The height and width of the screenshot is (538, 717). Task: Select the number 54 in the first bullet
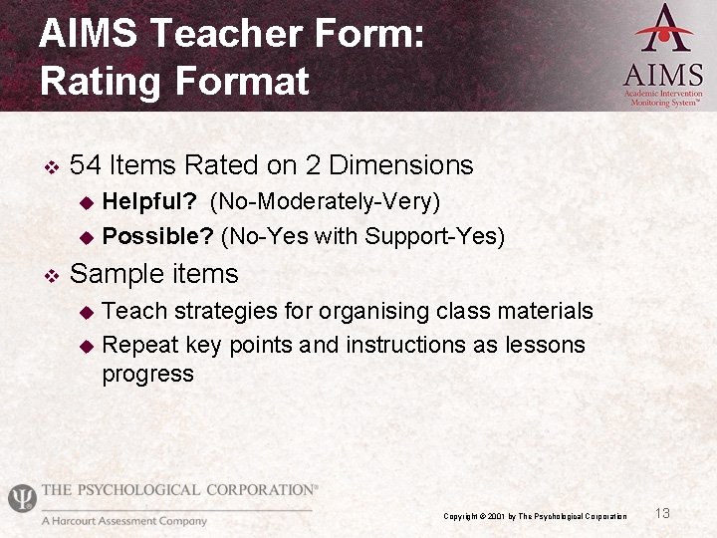click(87, 164)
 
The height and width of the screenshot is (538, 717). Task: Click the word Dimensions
click(401, 164)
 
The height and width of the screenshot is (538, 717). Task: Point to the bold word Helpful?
click(149, 202)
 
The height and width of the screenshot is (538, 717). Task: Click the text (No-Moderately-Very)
click(325, 202)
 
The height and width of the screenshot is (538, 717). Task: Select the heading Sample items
click(154, 274)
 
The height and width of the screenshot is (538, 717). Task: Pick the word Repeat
click(136, 345)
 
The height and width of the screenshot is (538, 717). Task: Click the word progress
click(147, 375)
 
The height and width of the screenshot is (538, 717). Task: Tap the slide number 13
click(662, 513)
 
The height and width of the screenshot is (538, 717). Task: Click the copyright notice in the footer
click(535, 516)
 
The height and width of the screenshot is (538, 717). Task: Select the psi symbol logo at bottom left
click(21, 497)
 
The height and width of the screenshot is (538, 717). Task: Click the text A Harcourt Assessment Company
click(123, 521)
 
